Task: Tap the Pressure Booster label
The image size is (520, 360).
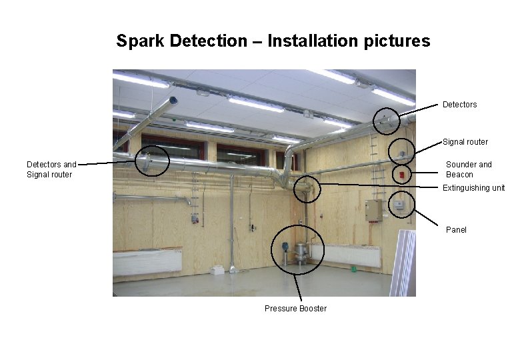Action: [x=295, y=308]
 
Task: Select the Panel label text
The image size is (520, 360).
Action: [x=456, y=230]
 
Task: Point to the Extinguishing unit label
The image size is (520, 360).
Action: [x=473, y=188]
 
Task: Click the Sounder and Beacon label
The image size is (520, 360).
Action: [x=469, y=169]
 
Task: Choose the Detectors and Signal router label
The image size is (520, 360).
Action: [x=51, y=169]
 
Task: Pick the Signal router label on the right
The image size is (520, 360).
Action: [x=465, y=142]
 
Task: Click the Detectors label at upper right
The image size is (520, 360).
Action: [x=459, y=105]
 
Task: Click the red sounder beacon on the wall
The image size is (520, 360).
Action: [x=401, y=175]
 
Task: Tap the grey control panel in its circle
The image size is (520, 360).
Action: [x=399, y=204]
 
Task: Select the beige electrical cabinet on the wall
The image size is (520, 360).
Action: [x=373, y=210]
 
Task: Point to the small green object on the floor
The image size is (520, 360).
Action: [x=353, y=269]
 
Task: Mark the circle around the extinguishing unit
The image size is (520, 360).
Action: [x=307, y=189]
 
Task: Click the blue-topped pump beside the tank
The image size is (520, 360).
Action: [x=284, y=250]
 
